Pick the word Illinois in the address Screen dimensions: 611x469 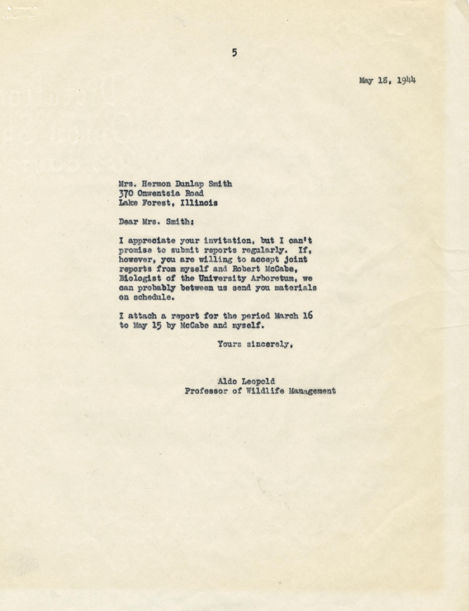(199, 203)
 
